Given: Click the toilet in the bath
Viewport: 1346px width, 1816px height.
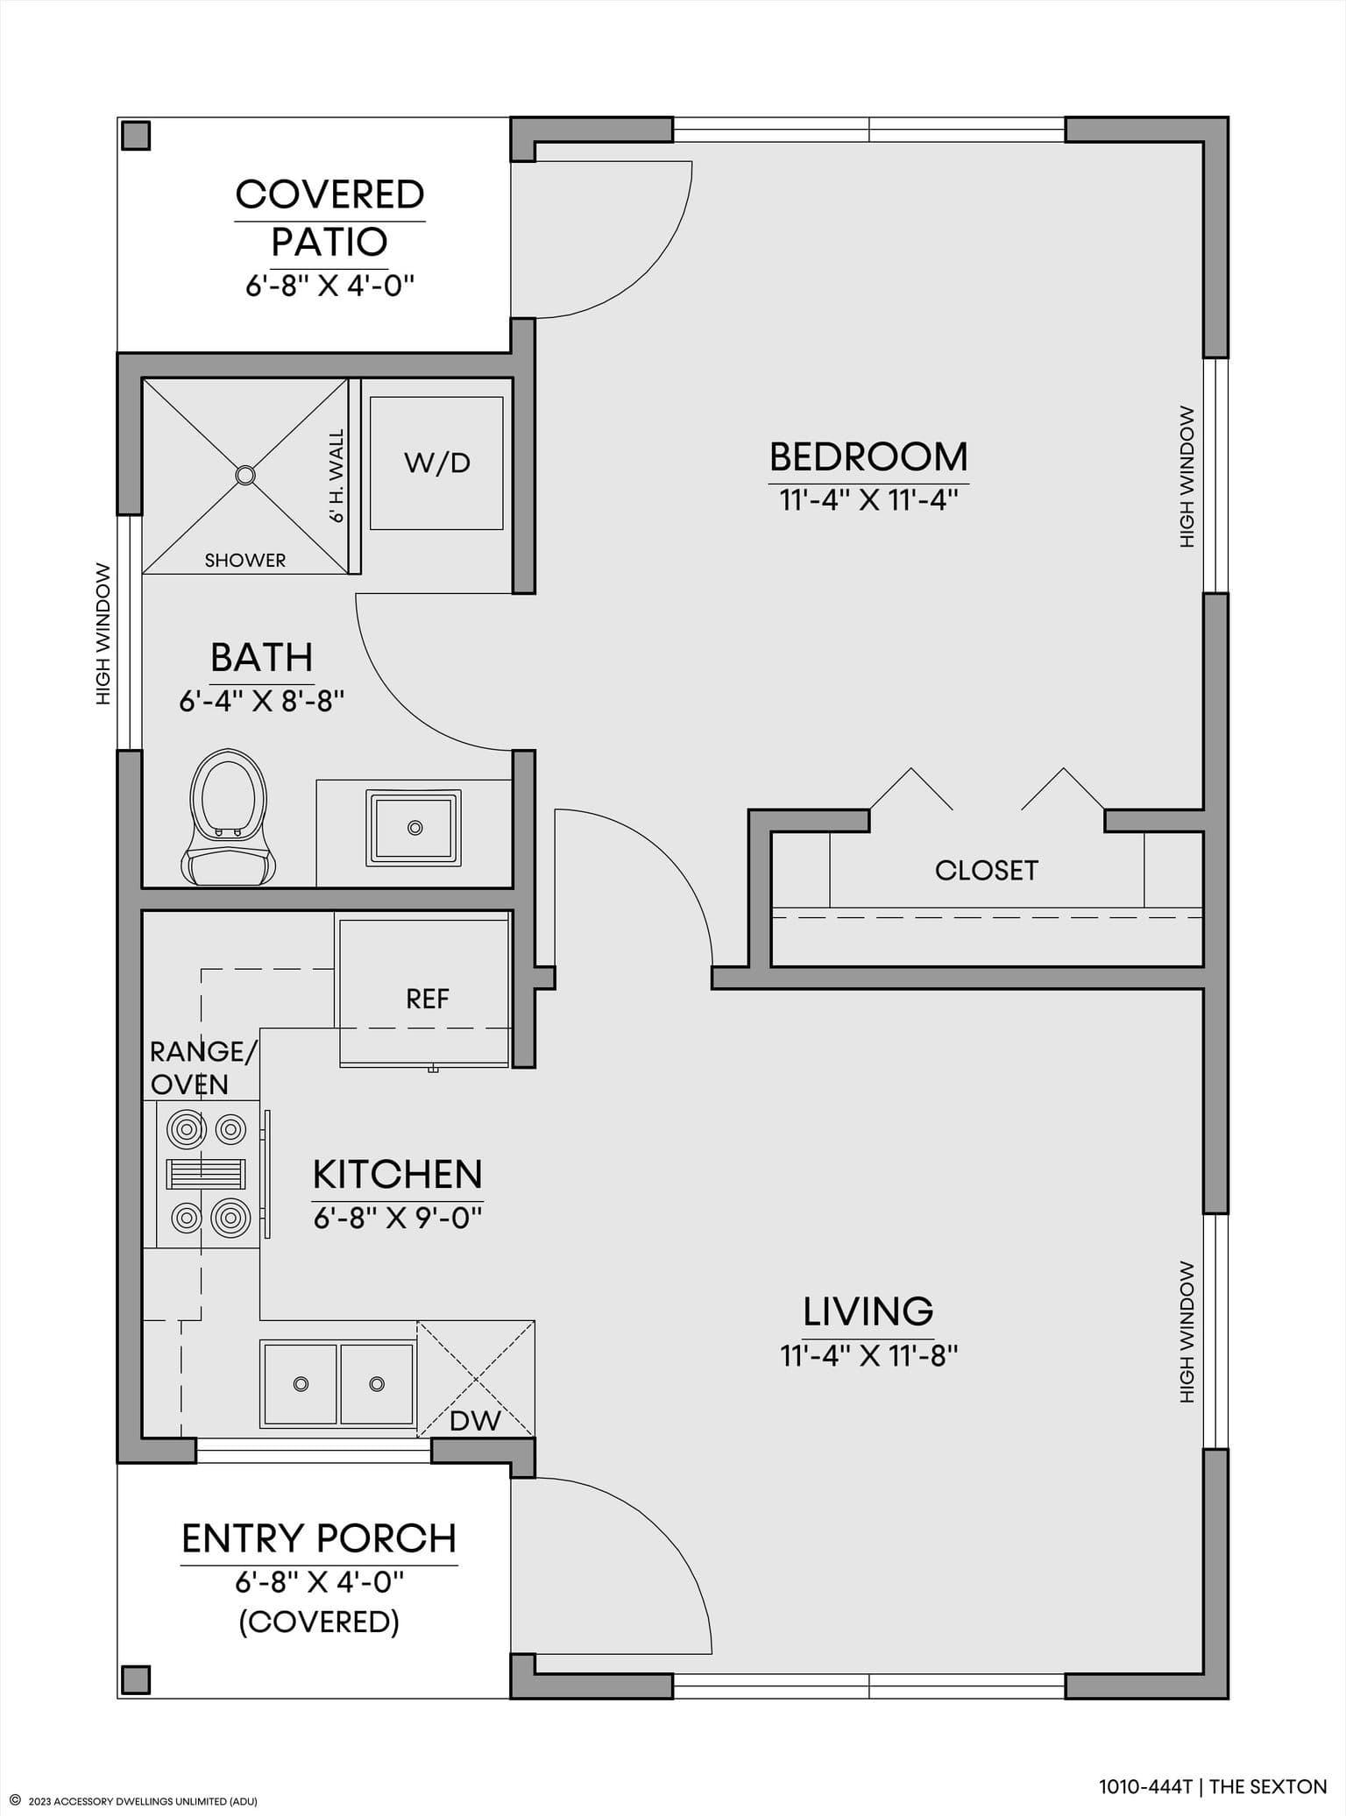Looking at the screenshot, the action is (x=228, y=816).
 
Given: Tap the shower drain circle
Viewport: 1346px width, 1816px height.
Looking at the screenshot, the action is (x=245, y=476).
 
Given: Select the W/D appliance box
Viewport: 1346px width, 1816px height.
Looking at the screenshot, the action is (x=436, y=463).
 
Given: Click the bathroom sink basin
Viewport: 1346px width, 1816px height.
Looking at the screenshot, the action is (x=414, y=828).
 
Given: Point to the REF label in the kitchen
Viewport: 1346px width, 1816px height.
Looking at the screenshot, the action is (x=428, y=999).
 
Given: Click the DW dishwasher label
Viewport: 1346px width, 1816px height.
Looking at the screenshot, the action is (x=475, y=1420).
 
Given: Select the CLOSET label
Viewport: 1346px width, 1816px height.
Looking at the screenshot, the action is (x=986, y=870).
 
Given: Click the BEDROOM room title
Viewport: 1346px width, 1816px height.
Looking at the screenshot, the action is (x=868, y=456).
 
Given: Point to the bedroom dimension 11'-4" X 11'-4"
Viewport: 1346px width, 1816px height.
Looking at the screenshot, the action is (x=868, y=500).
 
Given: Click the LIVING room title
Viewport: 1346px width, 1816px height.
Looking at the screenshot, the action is (x=868, y=1311).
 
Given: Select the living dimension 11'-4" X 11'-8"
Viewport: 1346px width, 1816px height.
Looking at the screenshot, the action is (x=868, y=1355).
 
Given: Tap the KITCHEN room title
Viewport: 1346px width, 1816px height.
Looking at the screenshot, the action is (x=398, y=1174).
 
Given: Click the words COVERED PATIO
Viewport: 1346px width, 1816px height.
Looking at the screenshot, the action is (x=329, y=217).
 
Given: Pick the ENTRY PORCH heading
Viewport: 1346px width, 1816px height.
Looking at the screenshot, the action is (x=319, y=1538).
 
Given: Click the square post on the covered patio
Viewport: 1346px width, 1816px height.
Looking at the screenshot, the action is (x=136, y=136).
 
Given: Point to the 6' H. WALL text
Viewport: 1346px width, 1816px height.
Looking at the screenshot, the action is (x=336, y=476).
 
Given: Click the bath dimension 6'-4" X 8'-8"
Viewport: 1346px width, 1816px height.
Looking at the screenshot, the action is (x=261, y=701).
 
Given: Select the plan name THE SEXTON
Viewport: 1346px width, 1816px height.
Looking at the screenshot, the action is (x=1268, y=1787).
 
